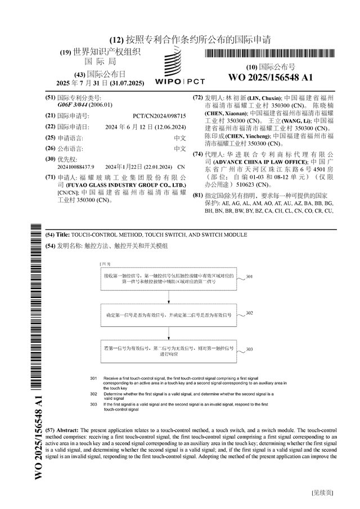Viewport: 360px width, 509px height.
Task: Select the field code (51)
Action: coord(51,97)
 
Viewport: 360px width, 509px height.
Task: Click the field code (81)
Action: coord(197,195)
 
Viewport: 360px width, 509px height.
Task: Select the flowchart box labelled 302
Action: coord(168,316)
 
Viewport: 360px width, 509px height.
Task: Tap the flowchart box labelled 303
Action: coord(168,352)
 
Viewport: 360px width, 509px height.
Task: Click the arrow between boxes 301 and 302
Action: coord(168,298)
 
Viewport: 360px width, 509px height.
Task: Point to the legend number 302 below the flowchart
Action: coord(94,394)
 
